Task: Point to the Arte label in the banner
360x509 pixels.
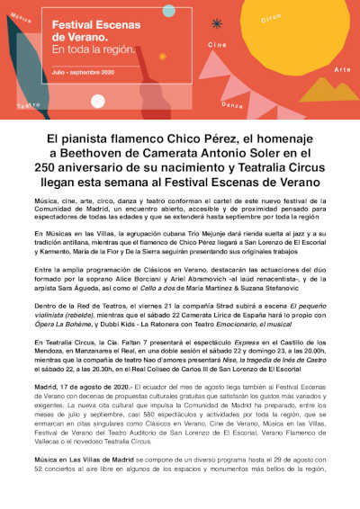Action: tap(342, 69)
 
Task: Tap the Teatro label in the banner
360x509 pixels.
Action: tap(28, 105)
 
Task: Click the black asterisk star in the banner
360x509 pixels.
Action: tap(216, 24)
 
